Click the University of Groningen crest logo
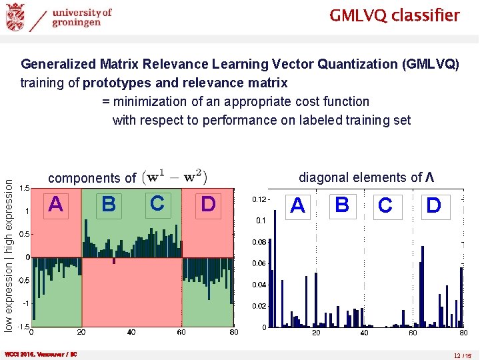(15, 17)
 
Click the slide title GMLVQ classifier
(394, 15)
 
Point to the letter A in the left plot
(57, 204)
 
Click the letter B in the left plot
(109, 204)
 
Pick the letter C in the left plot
(157, 203)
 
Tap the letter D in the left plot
(208, 204)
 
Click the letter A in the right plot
(297, 206)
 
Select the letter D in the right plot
(433, 205)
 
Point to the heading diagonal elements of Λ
(367, 177)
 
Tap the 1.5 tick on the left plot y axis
(23, 188)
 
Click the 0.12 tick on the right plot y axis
(259, 199)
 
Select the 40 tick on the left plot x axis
(131, 332)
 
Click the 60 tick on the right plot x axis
(413, 333)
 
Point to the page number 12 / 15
(462, 355)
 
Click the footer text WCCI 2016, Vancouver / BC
(41, 355)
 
